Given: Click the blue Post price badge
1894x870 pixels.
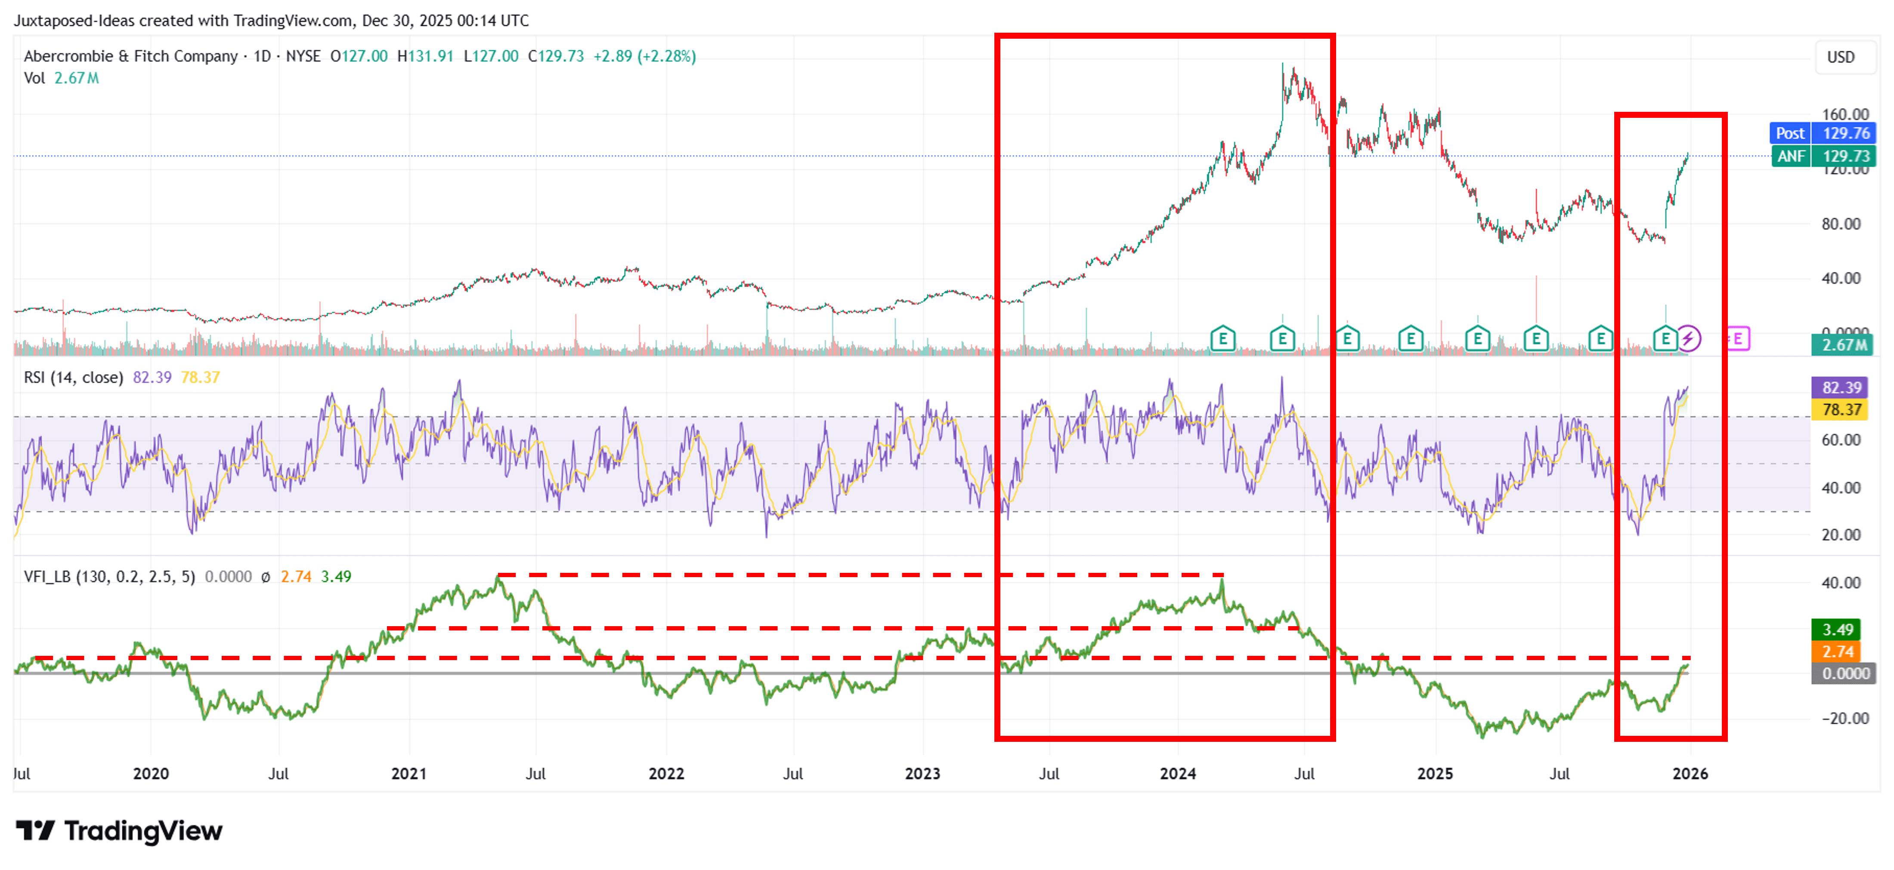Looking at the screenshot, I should click(x=1789, y=133).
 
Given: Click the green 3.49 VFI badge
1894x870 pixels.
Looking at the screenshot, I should click(x=1837, y=630).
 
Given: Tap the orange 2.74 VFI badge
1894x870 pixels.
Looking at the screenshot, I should click(x=1837, y=651).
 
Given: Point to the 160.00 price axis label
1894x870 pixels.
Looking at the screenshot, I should click(x=1845, y=114).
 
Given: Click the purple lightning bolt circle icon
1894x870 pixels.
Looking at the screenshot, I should click(x=1689, y=339).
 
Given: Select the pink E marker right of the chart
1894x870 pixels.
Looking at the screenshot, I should click(x=1738, y=339).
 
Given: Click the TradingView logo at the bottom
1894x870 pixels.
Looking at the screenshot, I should click(x=119, y=831).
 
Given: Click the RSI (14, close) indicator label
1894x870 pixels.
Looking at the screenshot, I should click(x=74, y=378).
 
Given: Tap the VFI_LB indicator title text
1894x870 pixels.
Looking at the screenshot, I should click(x=109, y=577).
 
